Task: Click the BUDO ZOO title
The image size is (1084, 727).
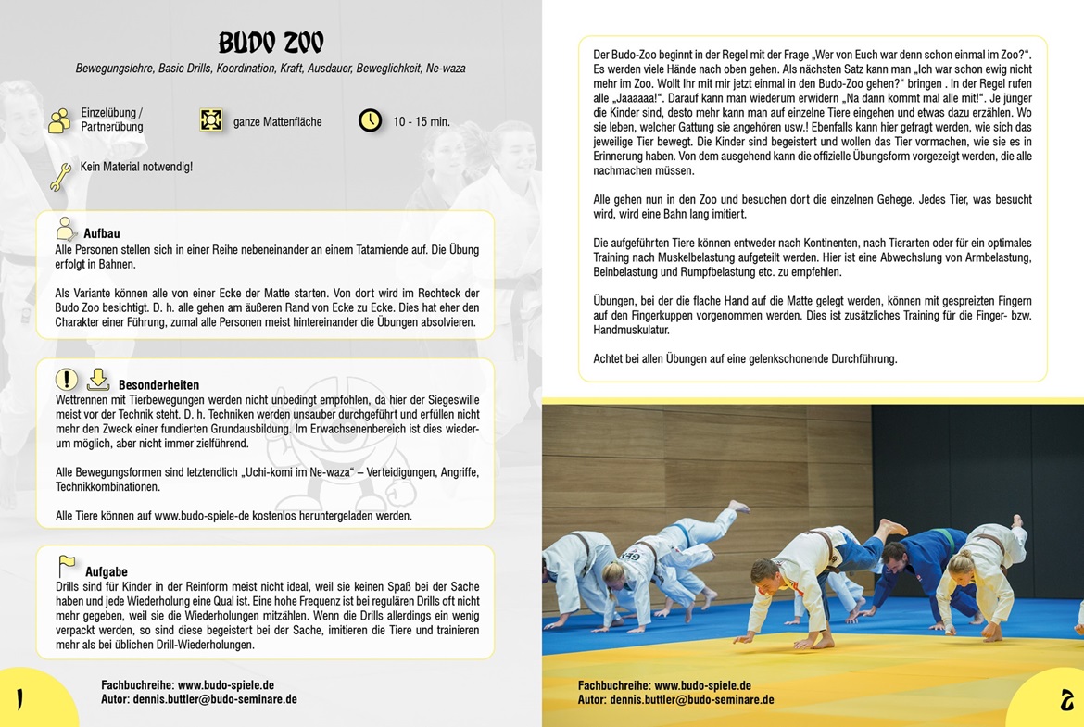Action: pyautogui.click(x=271, y=43)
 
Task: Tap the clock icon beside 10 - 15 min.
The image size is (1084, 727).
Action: pyautogui.click(x=371, y=120)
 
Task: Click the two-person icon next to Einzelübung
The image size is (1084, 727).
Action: pyautogui.click(x=60, y=120)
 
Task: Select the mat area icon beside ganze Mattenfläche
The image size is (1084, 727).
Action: pyautogui.click(x=211, y=120)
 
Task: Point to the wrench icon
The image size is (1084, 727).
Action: pyautogui.click(x=61, y=176)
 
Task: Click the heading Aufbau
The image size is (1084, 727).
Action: pyautogui.click(x=102, y=234)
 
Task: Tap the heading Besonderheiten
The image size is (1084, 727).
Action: pyautogui.click(x=158, y=384)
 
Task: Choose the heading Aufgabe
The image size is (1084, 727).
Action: pyautogui.click(x=107, y=571)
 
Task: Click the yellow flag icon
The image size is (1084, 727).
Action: pyautogui.click(x=68, y=564)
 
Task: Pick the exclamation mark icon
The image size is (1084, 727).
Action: pyautogui.click(x=67, y=379)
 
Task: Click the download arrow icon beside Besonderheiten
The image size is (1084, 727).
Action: pyautogui.click(x=97, y=379)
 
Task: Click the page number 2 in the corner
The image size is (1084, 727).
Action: pyautogui.click(x=1066, y=700)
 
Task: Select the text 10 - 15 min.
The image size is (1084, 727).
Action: pyautogui.click(x=422, y=121)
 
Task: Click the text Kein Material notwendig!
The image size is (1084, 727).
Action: pyautogui.click(x=136, y=168)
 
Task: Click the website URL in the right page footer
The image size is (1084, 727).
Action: pyautogui.click(x=702, y=686)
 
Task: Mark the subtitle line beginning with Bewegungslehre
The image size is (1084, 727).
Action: pyautogui.click(x=271, y=69)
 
